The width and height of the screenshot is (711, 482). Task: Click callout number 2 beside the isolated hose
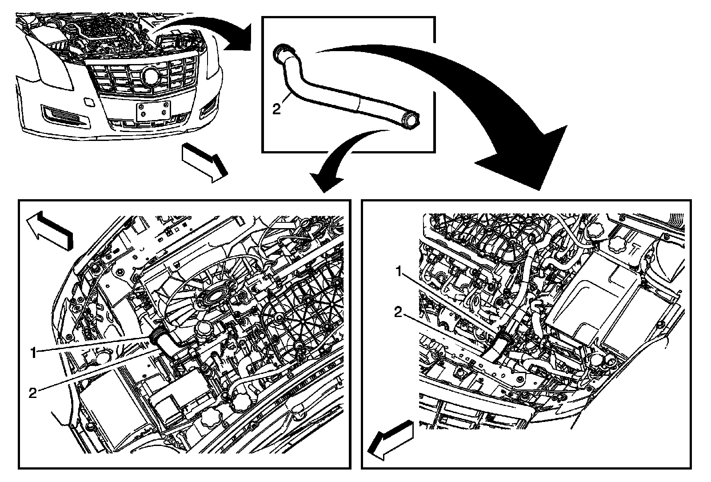(x=277, y=108)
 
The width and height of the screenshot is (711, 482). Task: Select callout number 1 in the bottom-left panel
(x=32, y=353)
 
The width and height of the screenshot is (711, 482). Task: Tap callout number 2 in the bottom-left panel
(x=32, y=392)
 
